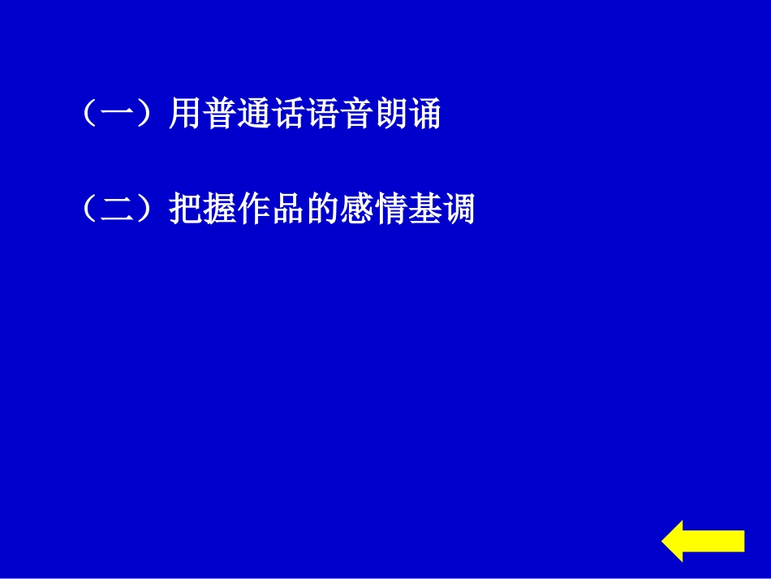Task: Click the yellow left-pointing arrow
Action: (x=703, y=541)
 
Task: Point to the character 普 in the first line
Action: (x=223, y=114)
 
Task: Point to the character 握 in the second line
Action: (x=223, y=210)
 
